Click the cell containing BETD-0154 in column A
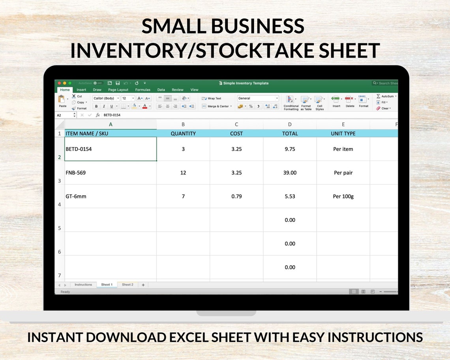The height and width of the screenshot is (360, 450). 111,149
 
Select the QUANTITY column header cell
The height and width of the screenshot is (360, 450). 183,133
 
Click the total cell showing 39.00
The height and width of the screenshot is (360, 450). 290,173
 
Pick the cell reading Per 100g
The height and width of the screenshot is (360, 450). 343,197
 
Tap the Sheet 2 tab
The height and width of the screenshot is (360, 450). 127,285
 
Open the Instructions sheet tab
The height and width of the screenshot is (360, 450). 83,285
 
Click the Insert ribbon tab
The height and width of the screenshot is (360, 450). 81,90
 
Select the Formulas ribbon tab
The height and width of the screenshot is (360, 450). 142,90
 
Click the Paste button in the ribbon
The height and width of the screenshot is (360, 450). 62,101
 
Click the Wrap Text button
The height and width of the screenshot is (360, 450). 212,98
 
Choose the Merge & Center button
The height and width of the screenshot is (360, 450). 215,106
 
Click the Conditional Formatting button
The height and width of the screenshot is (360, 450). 291,103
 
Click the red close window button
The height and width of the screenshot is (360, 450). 59,83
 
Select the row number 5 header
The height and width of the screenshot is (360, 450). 59,228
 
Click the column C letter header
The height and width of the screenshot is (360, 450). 236,124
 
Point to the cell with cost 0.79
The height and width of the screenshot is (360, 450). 236,197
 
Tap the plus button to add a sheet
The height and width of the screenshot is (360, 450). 143,285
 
